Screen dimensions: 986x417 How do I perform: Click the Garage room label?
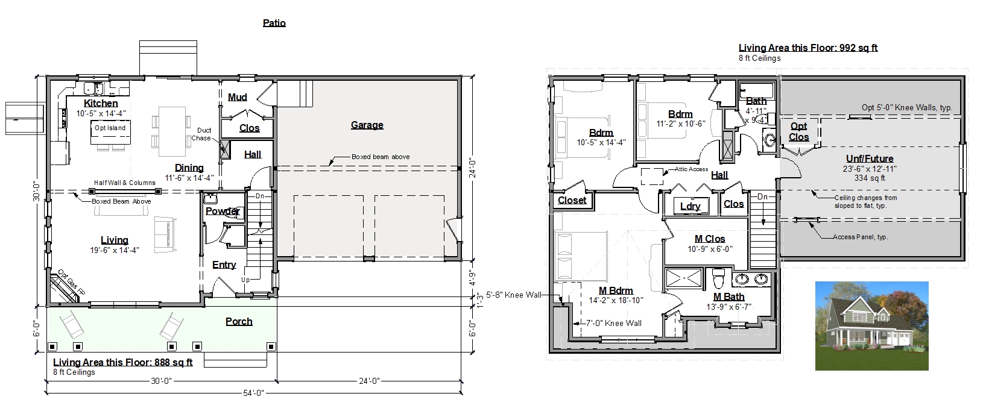click(x=367, y=125)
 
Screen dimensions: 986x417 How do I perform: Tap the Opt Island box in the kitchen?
click(x=110, y=133)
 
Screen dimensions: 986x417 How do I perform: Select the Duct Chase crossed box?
click(x=224, y=149)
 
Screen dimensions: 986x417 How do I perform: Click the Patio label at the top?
click(x=274, y=23)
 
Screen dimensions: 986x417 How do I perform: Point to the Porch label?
click(x=239, y=322)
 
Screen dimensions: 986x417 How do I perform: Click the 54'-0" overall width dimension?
click(x=253, y=393)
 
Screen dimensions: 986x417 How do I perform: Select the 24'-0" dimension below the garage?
click(x=369, y=381)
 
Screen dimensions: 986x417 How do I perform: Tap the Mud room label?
click(x=237, y=97)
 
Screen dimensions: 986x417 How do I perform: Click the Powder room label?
click(x=223, y=211)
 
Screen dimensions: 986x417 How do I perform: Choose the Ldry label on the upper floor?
click(x=690, y=206)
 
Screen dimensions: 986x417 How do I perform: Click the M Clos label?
click(x=710, y=239)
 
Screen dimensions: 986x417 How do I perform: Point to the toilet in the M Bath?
click(x=718, y=278)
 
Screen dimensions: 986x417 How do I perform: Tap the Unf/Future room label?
click(x=870, y=159)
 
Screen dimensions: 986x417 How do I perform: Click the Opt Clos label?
click(x=798, y=131)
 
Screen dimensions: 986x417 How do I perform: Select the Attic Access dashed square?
click(x=652, y=177)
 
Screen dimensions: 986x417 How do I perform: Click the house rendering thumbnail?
click(x=871, y=326)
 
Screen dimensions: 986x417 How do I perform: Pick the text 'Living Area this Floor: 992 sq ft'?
click(x=808, y=48)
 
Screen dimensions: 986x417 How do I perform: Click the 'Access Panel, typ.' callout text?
click(x=860, y=237)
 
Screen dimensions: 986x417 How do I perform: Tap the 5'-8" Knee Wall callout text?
click(x=514, y=295)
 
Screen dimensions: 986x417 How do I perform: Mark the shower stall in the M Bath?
click(x=684, y=278)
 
